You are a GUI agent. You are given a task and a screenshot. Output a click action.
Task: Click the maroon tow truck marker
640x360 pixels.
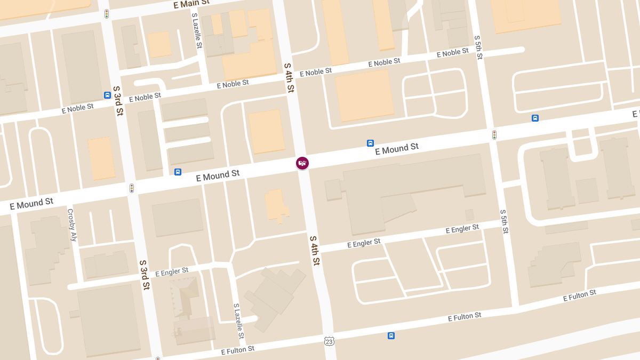(302, 163)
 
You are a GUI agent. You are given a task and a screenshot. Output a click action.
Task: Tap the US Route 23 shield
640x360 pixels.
(330, 341)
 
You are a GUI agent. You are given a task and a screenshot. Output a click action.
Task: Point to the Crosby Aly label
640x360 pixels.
(72, 225)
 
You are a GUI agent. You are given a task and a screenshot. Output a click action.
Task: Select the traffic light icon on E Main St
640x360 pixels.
(107, 14)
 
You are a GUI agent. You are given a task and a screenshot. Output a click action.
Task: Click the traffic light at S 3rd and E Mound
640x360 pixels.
(131, 188)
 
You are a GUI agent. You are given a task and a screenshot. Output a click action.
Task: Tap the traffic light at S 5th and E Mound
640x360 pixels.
(494, 135)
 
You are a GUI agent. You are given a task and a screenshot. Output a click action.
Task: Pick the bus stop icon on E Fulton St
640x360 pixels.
(391, 335)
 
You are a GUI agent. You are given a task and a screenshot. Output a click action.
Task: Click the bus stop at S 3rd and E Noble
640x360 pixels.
(107, 95)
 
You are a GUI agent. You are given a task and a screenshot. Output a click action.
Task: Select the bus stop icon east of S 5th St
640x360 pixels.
(535, 118)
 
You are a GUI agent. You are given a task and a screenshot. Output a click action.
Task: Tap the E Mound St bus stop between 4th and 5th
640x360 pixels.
(370, 143)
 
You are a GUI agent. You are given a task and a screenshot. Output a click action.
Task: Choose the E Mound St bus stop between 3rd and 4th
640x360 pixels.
(178, 172)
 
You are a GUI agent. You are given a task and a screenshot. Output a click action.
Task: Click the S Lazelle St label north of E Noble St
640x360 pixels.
(197, 31)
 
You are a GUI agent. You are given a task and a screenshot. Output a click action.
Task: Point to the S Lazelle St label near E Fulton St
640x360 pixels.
(238, 321)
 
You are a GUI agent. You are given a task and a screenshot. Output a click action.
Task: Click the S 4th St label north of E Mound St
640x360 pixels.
(289, 78)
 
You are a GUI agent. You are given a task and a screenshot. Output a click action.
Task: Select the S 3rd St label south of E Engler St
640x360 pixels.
(144, 275)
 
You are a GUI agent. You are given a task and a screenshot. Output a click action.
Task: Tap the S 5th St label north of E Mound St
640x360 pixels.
(478, 47)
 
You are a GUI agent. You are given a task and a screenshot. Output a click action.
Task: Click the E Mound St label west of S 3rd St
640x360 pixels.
(31, 204)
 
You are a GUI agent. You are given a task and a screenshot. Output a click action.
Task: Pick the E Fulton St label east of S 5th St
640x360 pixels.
(579, 295)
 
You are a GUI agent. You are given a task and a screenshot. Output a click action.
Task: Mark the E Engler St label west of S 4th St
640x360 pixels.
(172, 273)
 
